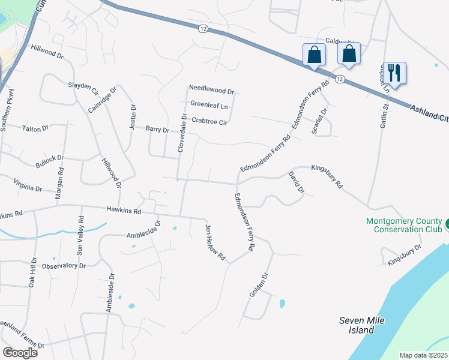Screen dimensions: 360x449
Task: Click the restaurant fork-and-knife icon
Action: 394,73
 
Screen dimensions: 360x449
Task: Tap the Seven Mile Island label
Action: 361,325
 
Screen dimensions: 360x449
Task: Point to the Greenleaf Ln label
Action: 209,104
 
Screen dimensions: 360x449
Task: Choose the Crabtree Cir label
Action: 209,122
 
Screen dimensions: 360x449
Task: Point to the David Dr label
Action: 297,182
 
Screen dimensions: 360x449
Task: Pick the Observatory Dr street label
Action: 64,265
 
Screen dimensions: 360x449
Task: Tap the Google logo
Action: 20,352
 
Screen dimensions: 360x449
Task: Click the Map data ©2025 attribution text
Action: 423,355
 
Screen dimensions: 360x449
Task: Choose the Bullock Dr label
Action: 49,158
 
